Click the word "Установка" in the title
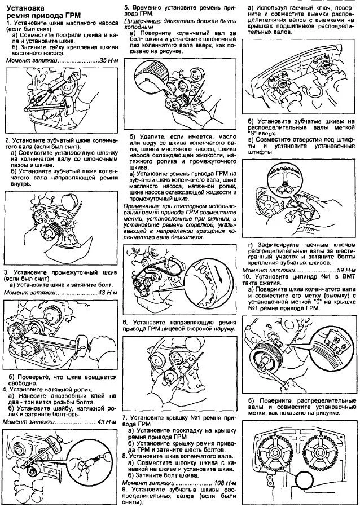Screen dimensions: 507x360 [24, 10]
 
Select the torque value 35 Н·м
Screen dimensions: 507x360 [106, 60]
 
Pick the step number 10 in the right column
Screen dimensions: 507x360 [245, 277]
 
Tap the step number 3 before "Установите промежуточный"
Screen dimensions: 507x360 [5, 272]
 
